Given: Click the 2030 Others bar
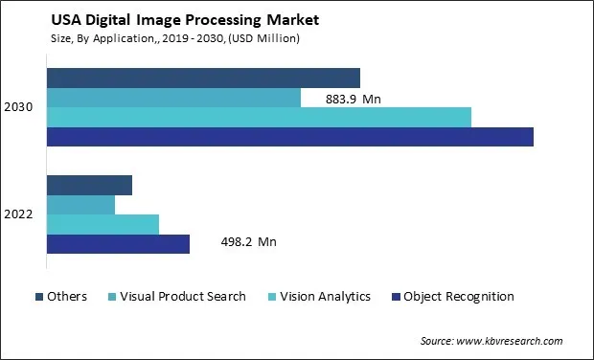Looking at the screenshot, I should coord(203,78).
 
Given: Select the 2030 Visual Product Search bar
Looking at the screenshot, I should coord(173,98).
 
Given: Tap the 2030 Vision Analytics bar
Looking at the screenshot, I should coord(259,117).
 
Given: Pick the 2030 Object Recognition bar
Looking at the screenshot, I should coord(289,137).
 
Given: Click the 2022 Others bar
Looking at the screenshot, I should coord(89,185).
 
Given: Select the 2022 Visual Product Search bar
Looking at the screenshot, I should coord(80,205).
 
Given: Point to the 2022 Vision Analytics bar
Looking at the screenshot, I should coord(103,224).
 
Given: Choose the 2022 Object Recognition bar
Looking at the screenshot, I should coord(118,244).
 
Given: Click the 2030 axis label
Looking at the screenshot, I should coord(18,107).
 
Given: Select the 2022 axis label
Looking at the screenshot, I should coord(18,214).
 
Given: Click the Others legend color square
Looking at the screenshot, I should coord(39,297).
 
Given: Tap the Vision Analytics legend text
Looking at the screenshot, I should coord(324,297).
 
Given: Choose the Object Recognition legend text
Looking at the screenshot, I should coord(459,297).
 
